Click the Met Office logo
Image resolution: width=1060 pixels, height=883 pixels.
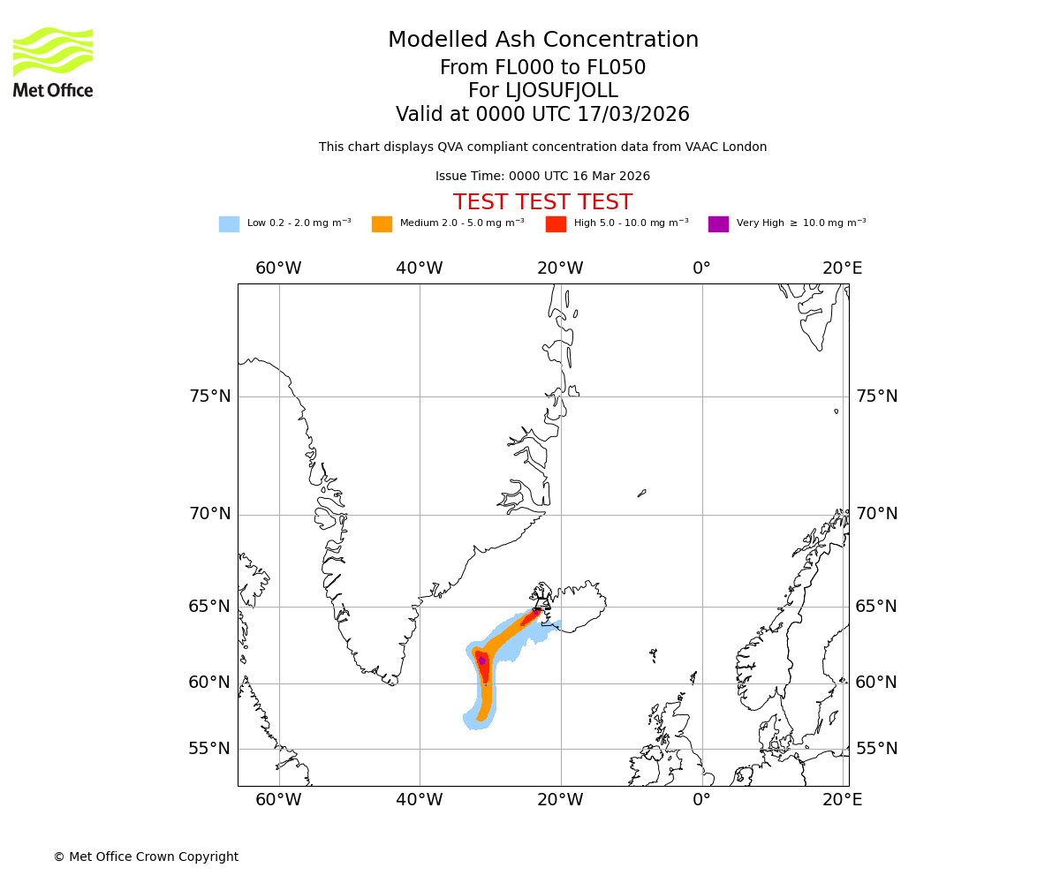[x=53, y=62]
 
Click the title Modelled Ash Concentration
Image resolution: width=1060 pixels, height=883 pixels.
[x=543, y=41]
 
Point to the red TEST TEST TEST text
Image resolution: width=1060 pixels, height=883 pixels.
[x=542, y=203]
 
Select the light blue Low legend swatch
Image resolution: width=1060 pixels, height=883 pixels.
[x=229, y=224]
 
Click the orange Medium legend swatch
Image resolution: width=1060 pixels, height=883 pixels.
[x=382, y=224]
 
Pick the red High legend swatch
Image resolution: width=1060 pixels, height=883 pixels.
[x=556, y=224]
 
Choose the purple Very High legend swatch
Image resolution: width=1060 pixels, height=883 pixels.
[x=718, y=224]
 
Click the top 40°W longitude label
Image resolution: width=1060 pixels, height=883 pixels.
[x=420, y=268]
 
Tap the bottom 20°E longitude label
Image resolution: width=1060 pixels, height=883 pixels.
[x=843, y=800]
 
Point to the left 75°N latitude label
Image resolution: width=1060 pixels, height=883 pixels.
[x=210, y=396]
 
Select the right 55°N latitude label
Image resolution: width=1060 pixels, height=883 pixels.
[x=876, y=749]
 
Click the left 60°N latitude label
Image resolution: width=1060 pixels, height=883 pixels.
[x=210, y=683]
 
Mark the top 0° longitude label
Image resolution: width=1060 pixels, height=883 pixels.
[x=702, y=268]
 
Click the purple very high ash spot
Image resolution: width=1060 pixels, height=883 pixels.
[x=481, y=660]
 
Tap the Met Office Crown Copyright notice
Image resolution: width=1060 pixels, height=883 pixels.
[x=146, y=857]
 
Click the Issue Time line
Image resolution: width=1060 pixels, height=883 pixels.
[x=542, y=177]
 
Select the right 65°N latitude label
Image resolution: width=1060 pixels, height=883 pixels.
[x=876, y=607]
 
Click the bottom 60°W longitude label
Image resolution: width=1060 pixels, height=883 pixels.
[x=279, y=800]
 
